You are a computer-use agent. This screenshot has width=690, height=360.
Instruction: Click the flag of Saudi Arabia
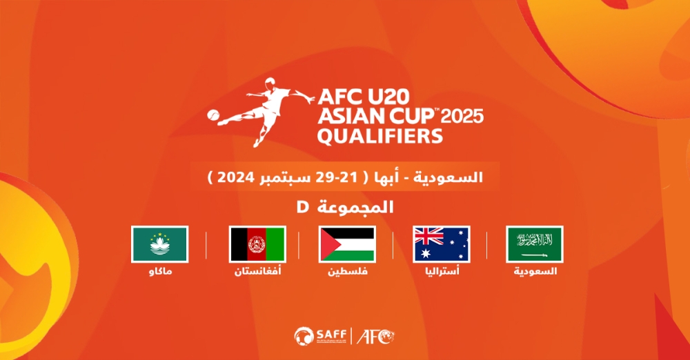click(x=535, y=244)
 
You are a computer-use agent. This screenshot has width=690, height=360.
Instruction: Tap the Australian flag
click(x=442, y=244)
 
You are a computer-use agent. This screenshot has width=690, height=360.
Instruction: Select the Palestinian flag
click(x=347, y=244)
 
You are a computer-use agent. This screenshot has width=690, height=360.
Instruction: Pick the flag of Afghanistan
click(x=257, y=244)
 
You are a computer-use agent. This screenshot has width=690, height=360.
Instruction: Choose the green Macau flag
click(x=160, y=244)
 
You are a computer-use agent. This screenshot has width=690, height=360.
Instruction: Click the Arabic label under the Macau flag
click(x=160, y=271)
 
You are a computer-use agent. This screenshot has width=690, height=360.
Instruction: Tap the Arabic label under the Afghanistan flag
click(x=257, y=271)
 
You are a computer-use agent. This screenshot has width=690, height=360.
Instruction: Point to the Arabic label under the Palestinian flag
click(x=348, y=271)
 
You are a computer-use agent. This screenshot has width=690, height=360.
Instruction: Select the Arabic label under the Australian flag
click(x=442, y=271)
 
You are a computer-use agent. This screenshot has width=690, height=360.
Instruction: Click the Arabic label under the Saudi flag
click(x=535, y=271)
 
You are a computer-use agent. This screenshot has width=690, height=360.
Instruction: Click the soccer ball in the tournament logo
click(x=213, y=115)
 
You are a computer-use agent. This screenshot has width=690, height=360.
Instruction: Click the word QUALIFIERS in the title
click(x=379, y=136)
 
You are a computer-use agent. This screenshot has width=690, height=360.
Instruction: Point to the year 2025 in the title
click(x=462, y=117)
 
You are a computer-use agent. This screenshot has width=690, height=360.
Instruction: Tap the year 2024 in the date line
click(x=236, y=177)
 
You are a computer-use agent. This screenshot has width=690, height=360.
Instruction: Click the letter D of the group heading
click(x=303, y=206)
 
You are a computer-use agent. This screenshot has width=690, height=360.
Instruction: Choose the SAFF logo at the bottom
click(x=321, y=337)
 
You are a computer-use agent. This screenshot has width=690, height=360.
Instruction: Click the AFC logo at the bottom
click(x=375, y=337)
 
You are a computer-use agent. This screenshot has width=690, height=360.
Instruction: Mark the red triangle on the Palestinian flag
click(x=328, y=244)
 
